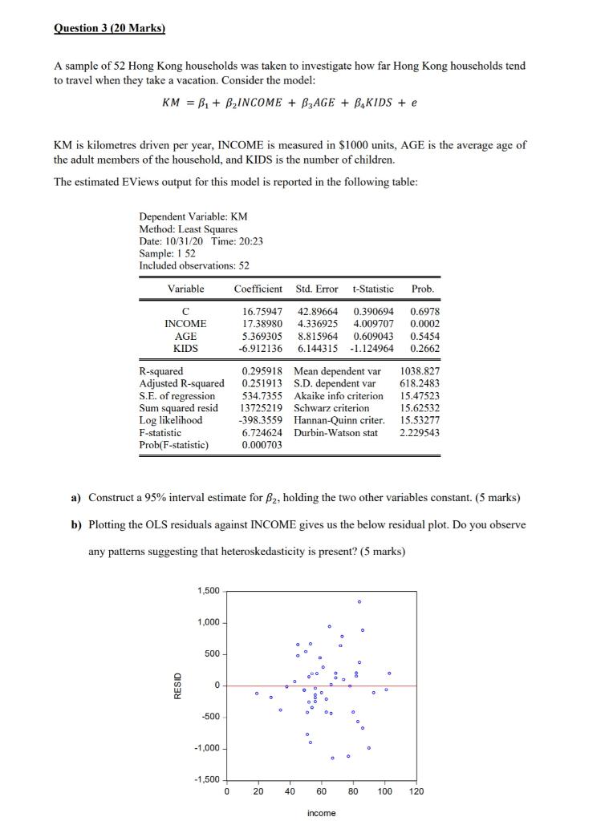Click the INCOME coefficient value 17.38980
point(262,323)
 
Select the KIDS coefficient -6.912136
point(260,349)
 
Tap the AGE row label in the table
point(185,336)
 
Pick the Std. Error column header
point(317,289)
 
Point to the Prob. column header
point(423,289)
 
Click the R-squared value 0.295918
point(262,371)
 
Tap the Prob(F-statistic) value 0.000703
point(262,445)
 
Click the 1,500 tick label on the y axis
point(208,591)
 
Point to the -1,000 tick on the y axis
point(206,748)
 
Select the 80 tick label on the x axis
point(353,791)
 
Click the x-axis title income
point(321,813)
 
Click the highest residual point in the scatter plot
point(359,601)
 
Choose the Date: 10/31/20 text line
point(201,241)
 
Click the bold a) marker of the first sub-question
point(76,498)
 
